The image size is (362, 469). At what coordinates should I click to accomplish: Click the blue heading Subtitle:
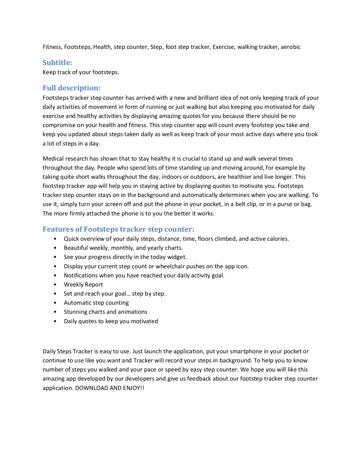[x=57, y=63]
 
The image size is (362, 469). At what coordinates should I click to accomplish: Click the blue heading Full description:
[x=72, y=88]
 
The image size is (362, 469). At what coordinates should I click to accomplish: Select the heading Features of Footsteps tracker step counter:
[x=118, y=229]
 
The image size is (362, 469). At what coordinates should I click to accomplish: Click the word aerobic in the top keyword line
[x=290, y=47]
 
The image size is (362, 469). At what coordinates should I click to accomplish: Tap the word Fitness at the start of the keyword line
[x=52, y=47]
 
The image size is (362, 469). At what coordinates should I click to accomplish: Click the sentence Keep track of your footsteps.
[x=81, y=72]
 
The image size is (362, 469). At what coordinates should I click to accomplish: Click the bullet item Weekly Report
[x=83, y=284]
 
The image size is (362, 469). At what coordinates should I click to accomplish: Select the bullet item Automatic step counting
[x=96, y=303]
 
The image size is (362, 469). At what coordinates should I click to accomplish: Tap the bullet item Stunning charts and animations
[x=105, y=312]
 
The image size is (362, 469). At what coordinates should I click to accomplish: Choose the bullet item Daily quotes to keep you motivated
[x=111, y=321]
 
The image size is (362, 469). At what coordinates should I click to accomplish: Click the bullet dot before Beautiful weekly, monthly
[x=55, y=248]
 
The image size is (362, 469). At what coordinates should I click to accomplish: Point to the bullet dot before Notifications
[x=55, y=275]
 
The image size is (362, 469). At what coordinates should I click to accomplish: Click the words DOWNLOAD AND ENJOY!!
[x=110, y=388]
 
